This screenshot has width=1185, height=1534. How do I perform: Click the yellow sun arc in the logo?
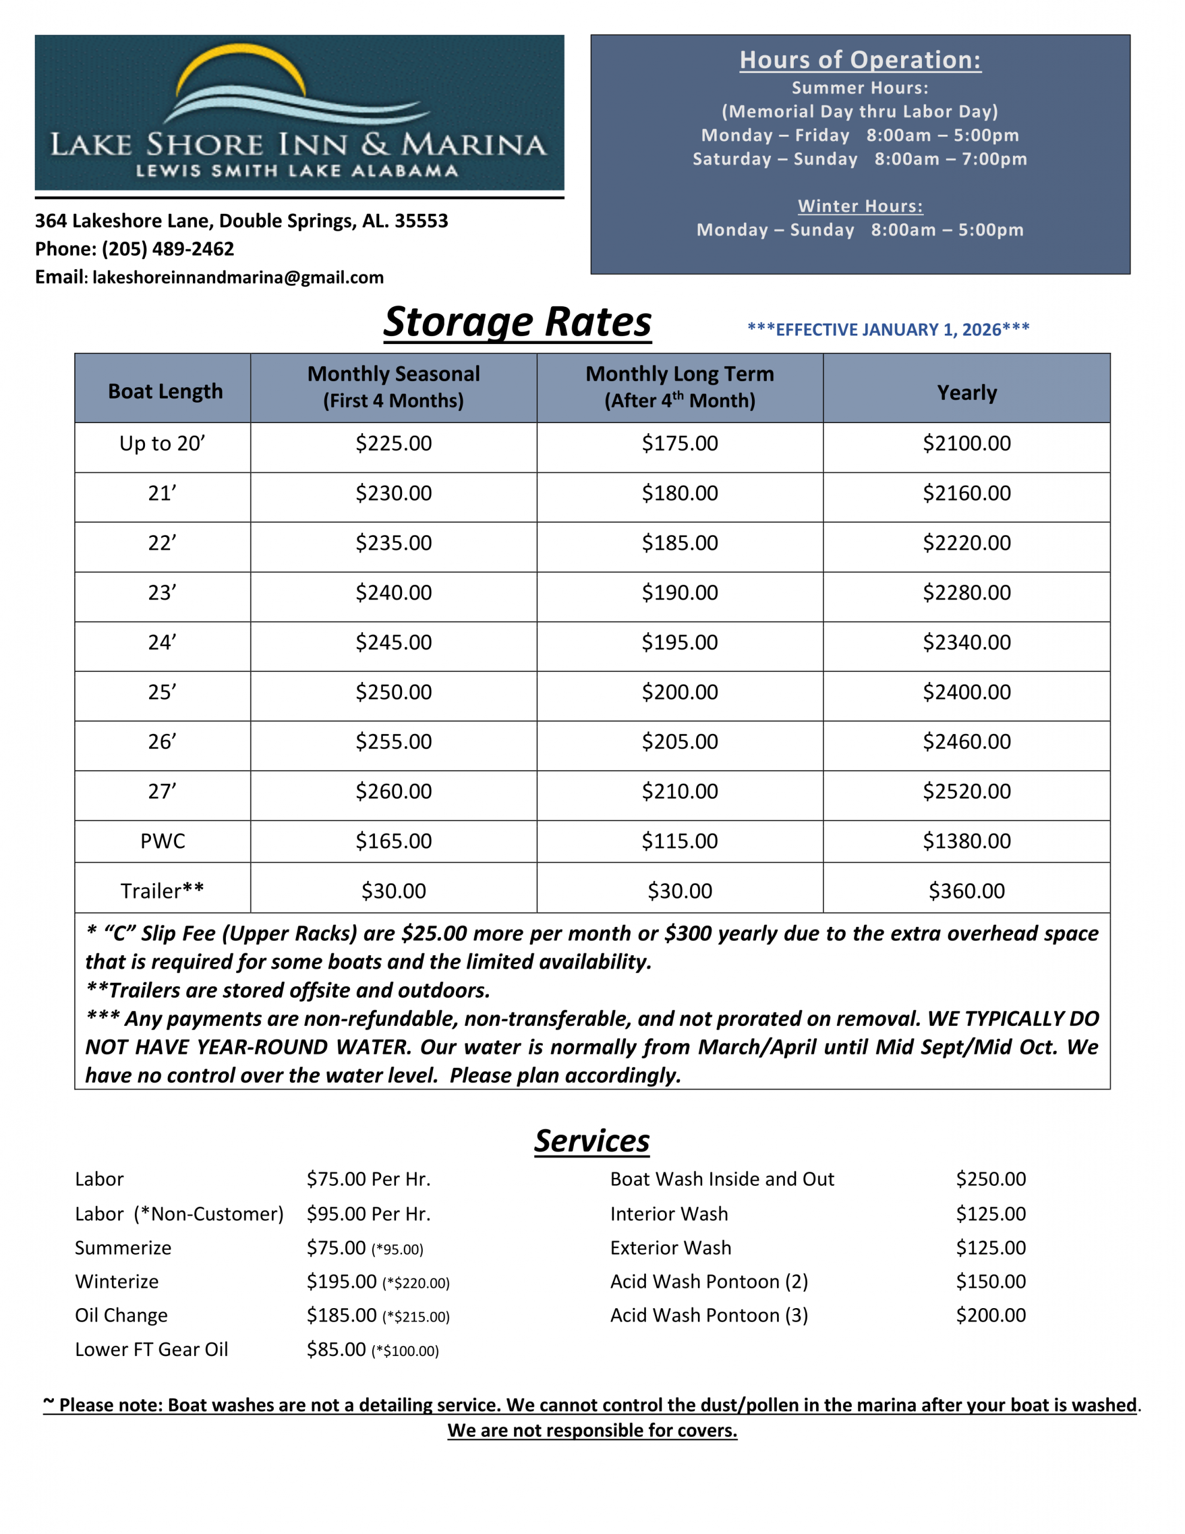(x=241, y=60)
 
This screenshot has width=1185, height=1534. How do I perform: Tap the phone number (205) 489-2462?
(x=168, y=249)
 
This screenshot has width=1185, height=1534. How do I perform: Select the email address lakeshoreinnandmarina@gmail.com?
(x=237, y=277)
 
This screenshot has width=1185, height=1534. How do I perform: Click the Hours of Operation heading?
(x=860, y=61)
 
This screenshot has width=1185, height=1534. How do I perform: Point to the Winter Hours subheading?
(x=860, y=206)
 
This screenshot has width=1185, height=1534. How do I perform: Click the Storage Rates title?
(x=517, y=322)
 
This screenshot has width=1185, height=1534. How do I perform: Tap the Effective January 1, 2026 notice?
(x=888, y=330)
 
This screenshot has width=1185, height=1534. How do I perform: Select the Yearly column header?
(x=966, y=392)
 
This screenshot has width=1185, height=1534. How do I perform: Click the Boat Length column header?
(x=165, y=391)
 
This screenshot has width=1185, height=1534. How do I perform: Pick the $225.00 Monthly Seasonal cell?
(x=394, y=443)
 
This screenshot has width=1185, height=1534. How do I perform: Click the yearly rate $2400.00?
(x=966, y=692)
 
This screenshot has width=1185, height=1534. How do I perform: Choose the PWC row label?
(x=162, y=841)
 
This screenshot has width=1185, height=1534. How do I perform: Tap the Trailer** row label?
(x=162, y=890)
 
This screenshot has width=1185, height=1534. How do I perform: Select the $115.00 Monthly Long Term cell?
(x=679, y=841)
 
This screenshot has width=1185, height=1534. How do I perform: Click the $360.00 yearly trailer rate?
(x=966, y=890)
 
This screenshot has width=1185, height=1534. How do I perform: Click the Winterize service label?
(x=117, y=1281)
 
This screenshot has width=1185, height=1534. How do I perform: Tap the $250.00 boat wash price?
(x=990, y=1179)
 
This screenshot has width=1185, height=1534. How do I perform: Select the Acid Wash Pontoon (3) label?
(x=709, y=1315)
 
